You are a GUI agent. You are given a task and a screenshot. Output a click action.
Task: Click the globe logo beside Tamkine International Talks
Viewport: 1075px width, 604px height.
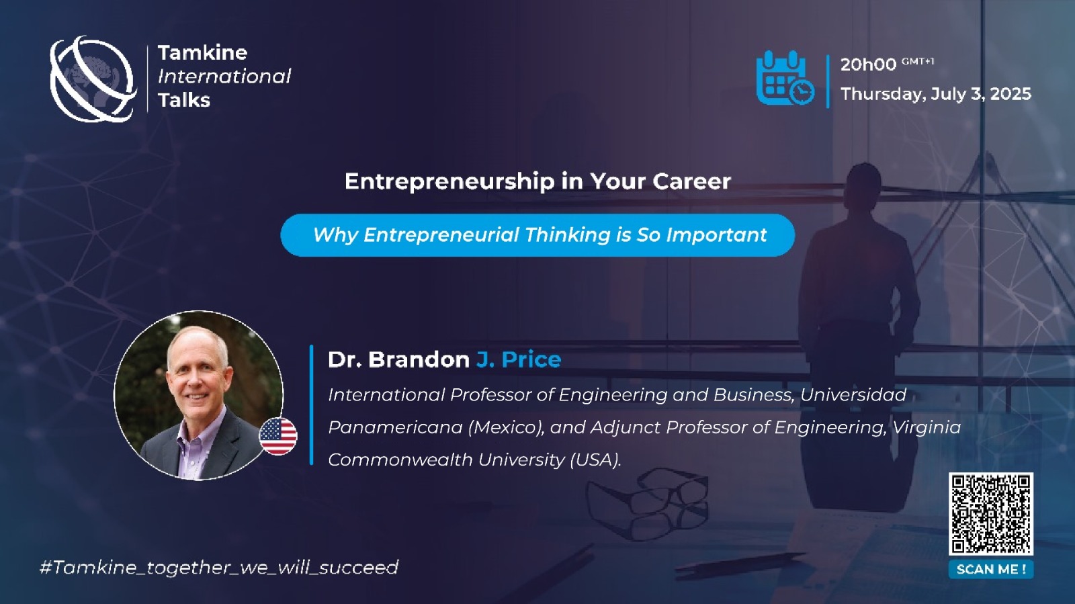(x=93, y=79)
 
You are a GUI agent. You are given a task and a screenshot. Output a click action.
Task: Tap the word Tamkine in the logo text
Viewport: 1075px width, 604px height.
(x=202, y=53)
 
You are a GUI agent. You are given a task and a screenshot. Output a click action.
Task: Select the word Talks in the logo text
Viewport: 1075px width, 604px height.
(x=184, y=100)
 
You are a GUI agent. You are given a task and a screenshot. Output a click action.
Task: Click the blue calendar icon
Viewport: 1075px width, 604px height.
(x=785, y=78)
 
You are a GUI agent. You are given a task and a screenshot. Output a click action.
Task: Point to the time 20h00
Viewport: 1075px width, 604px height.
(x=868, y=64)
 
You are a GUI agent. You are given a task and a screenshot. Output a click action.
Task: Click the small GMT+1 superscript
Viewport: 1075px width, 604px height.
(x=918, y=61)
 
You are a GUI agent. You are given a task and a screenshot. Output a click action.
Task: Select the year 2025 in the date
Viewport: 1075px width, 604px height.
(x=1010, y=93)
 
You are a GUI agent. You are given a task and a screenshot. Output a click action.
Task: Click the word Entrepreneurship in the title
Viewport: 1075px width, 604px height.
(x=449, y=182)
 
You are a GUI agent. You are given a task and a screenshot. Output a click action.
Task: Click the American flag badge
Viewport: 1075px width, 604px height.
(x=278, y=436)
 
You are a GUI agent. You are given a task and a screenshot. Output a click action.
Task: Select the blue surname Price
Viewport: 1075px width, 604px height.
(x=531, y=359)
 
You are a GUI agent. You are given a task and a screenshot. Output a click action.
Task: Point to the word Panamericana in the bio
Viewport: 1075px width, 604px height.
(x=395, y=427)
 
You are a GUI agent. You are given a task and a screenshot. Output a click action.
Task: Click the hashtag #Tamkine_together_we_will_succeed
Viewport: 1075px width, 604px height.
(x=219, y=568)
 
